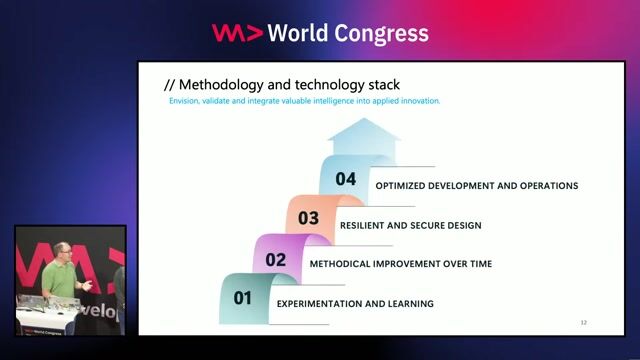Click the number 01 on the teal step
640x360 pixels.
point(243,298)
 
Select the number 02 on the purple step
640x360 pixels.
point(275,260)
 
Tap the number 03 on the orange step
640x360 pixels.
point(308,218)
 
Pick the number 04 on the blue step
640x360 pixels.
point(346,180)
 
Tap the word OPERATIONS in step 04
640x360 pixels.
point(545,185)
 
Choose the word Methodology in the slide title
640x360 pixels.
point(220,84)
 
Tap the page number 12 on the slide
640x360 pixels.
point(584,322)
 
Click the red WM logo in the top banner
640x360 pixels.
point(237,33)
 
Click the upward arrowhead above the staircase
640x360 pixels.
point(363,130)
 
